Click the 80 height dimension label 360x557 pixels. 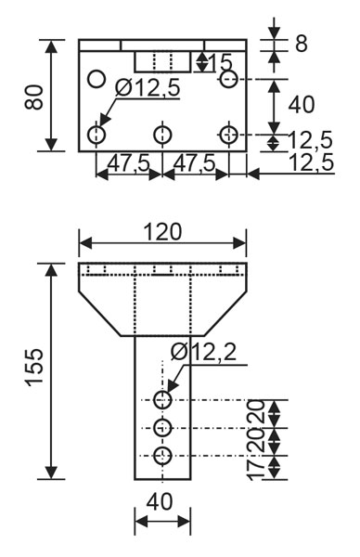point(33,97)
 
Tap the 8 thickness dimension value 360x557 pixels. point(301,44)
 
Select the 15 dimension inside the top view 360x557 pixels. point(220,62)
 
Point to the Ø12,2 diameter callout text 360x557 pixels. point(203,353)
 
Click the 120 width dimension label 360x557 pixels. point(162,232)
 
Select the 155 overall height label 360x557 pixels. point(34,367)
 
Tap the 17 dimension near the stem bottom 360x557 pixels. point(257,469)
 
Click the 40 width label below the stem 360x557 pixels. point(160,502)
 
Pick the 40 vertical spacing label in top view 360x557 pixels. point(302,105)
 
